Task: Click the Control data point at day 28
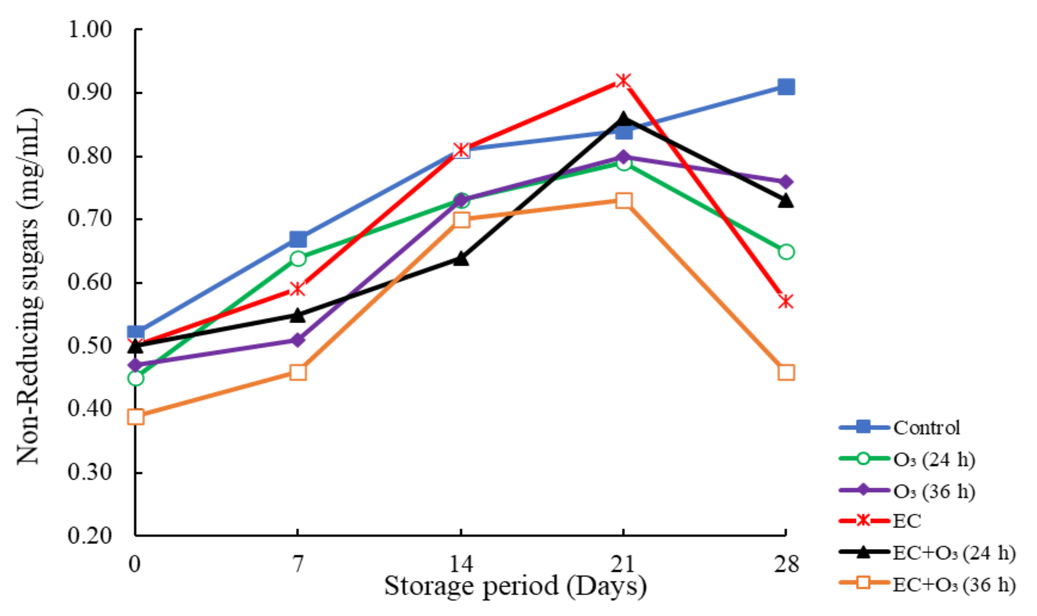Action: click(x=786, y=87)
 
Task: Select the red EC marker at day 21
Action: click(x=623, y=80)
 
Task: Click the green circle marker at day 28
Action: click(x=786, y=252)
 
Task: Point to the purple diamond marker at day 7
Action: click(x=298, y=340)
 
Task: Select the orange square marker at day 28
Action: click(x=786, y=372)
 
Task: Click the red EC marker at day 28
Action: click(x=786, y=302)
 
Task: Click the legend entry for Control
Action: click(x=926, y=428)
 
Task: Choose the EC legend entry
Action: click(x=907, y=521)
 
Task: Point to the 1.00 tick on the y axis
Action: click(x=90, y=30)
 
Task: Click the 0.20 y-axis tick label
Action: click(x=90, y=535)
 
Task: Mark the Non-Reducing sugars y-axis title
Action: click(x=29, y=286)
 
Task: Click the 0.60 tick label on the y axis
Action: click(x=90, y=282)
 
